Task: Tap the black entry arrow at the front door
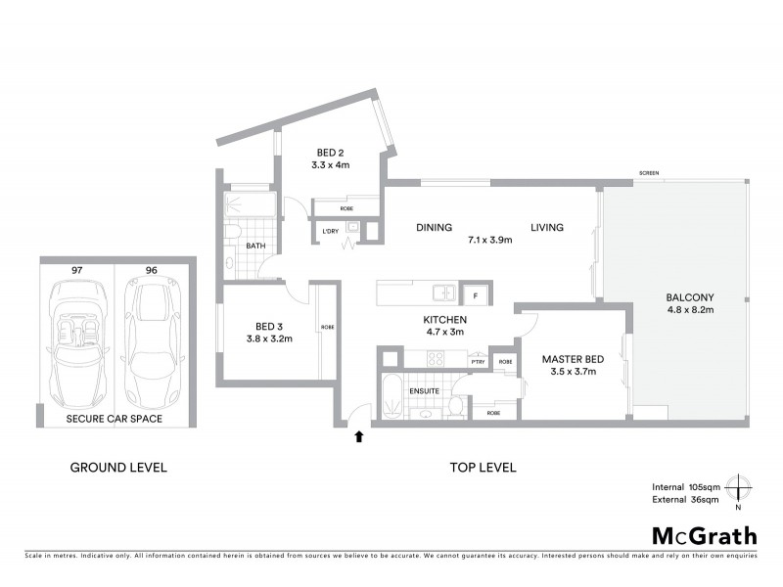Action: [359, 437]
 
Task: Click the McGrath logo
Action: [704, 535]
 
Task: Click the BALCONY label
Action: [690, 298]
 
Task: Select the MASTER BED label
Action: [569, 359]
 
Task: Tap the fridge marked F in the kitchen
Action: [476, 293]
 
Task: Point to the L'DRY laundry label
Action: [330, 231]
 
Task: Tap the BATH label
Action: [256, 247]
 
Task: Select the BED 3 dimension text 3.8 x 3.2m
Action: [269, 339]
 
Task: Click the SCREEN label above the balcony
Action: [649, 173]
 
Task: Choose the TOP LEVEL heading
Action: [483, 468]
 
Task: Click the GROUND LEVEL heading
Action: [118, 468]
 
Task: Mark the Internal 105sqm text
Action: [687, 486]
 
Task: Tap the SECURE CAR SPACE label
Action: [115, 419]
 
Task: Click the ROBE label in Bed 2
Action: [346, 208]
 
